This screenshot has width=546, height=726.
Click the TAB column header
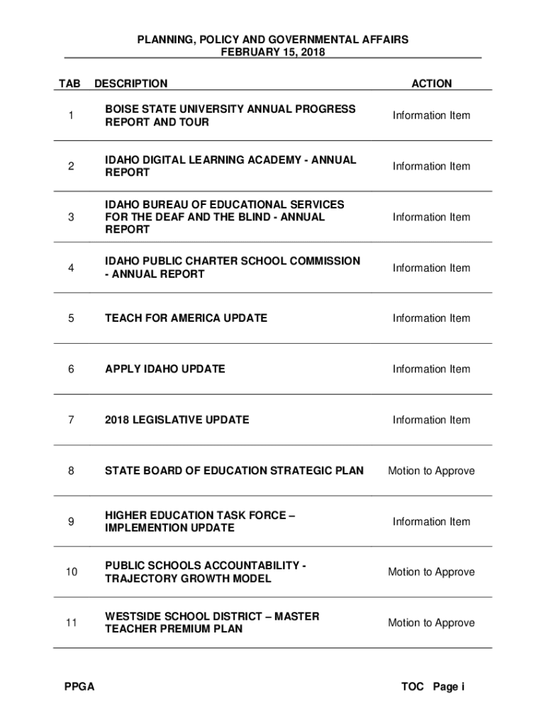[x=69, y=84]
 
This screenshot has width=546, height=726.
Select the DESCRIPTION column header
[x=130, y=84]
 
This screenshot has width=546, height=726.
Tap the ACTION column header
[x=431, y=84]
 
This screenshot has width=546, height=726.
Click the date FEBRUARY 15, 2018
[x=273, y=52]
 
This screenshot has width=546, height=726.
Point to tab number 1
[x=71, y=116]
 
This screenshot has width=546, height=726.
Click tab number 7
[x=71, y=420]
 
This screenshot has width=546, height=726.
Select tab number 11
[x=71, y=622]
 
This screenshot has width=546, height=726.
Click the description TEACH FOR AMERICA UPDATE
[x=186, y=318]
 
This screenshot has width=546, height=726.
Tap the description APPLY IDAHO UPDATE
[x=165, y=369]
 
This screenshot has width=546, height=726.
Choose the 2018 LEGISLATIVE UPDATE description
[x=177, y=420]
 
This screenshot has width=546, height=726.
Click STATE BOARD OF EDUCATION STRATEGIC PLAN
[x=234, y=471]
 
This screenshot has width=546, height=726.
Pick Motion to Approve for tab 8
[x=431, y=471]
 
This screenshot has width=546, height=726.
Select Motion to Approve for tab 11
[x=431, y=622]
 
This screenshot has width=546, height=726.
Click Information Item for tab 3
[x=431, y=217]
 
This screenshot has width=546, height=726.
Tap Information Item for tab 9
[x=431, y=522]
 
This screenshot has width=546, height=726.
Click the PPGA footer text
[x=79, y=686]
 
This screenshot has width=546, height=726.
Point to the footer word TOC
[x=412, y=686]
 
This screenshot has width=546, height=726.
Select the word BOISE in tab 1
[x=123, y=109]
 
